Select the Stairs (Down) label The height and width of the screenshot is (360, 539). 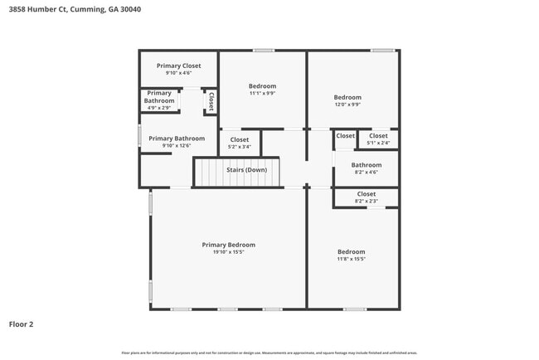pos(247,170)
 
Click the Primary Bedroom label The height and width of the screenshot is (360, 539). pos(229,245)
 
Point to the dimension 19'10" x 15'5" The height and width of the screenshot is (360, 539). pos(229,252)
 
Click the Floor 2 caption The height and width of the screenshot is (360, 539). pos(21,324)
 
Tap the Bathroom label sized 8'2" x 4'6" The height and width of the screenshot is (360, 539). pos(367,165)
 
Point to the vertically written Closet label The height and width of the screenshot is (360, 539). pos(211,101)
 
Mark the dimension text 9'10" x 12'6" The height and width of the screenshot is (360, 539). pos(177,146)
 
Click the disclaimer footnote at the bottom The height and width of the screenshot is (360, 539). pos(269,353)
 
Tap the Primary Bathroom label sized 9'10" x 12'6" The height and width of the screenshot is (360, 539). pos(177,139)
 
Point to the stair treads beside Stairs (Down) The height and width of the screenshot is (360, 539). pos(209,173)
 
